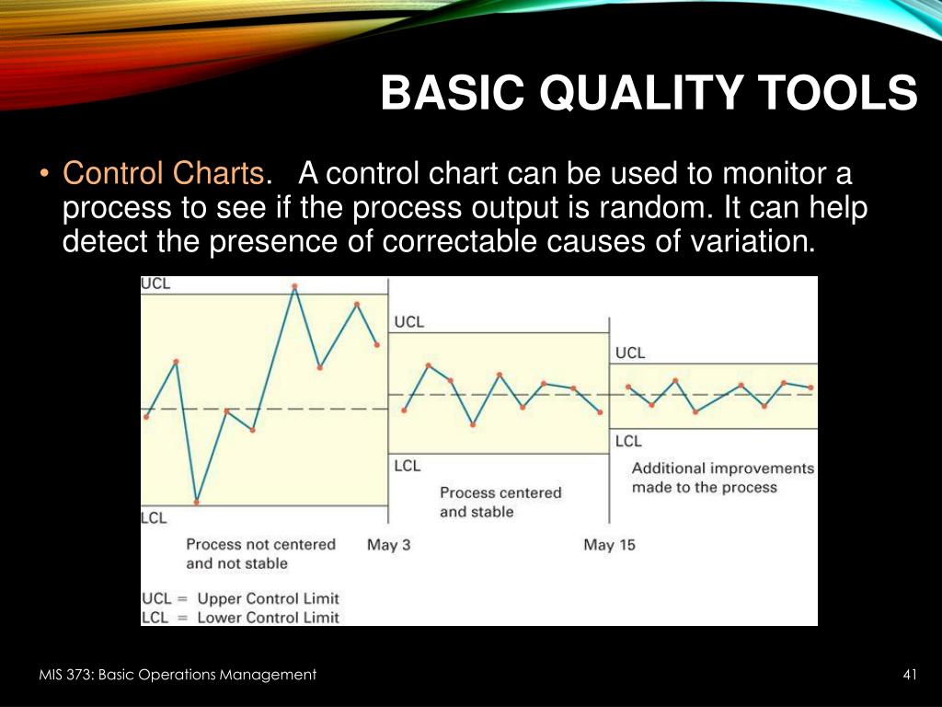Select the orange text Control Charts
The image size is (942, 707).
[163, 173]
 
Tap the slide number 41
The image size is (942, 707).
[910, 675]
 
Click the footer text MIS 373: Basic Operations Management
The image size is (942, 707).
[178, 675]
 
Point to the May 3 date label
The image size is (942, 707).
[389, 545]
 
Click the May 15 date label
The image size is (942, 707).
[609, 545]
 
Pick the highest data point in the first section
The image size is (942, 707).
[294, 286]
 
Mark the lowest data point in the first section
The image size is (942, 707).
[197, 502]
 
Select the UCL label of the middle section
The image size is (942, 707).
[409, 322]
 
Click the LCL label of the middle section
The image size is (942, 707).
[408, 466]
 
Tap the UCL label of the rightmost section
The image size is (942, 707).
[630, 353]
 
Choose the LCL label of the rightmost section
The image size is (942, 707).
[628, 441]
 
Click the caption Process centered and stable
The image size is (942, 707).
[500, 503]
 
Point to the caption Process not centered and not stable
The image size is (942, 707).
[260, 553]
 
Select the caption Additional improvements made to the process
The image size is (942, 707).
[723, 478]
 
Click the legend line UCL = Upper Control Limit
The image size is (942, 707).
[240, 598]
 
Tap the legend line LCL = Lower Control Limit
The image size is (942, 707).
[240, 618]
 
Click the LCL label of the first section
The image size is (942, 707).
[154, 518]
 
